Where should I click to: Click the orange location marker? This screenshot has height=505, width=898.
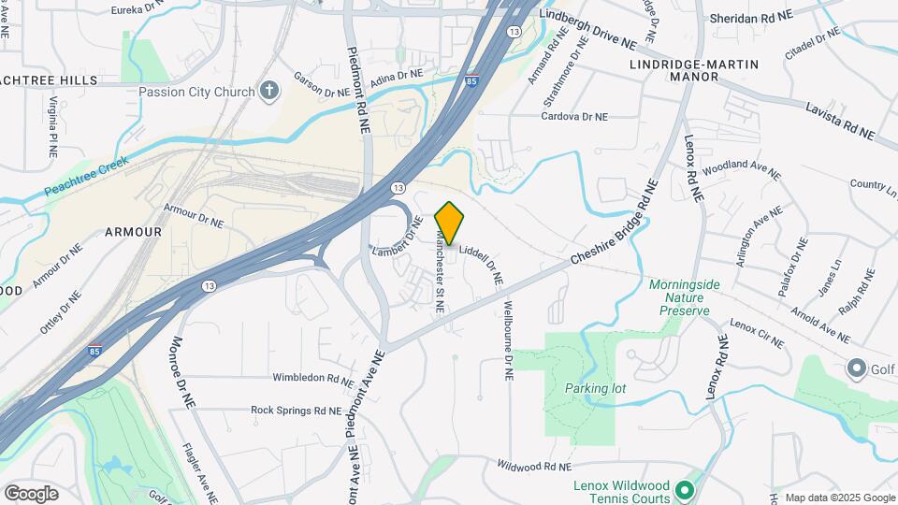[450, 223]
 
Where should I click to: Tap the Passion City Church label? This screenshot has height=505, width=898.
[196, 92]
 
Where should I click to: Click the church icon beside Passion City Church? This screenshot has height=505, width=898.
[270, 91]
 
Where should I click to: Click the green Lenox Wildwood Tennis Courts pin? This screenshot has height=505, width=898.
[685, 490]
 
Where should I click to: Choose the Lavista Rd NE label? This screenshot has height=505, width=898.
[839, 122]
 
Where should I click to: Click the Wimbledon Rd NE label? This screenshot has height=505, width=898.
[311, 378]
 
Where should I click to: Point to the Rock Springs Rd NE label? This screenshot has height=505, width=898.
[296, 410]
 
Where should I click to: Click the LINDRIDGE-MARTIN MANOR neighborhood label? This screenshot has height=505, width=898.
[693, 70]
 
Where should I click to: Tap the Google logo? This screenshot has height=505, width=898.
[31, 493]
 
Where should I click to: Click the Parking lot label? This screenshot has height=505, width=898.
[594, 387]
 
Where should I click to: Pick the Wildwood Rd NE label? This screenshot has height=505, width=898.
[534, 465]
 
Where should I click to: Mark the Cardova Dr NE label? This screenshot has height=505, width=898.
[575, 117]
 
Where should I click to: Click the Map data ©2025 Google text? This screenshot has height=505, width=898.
[840, 498]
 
